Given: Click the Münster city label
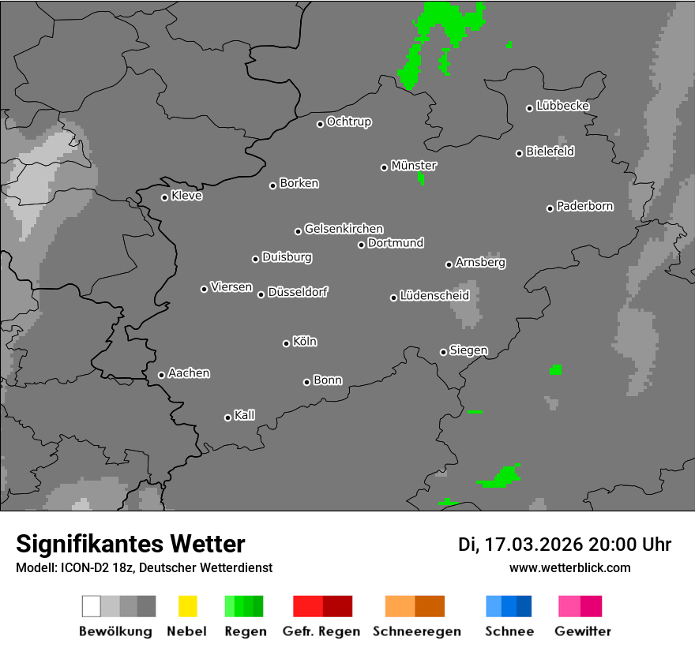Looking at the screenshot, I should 414,166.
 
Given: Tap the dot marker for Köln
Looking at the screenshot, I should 286,343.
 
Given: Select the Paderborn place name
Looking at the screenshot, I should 584,207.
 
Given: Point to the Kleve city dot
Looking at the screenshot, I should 164,197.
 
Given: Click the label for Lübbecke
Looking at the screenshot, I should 562,106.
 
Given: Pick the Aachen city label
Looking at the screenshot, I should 189,373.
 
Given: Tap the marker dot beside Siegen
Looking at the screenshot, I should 443,352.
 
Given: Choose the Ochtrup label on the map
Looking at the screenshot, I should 349,122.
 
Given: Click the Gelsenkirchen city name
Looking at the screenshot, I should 344,229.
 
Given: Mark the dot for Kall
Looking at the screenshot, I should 227,417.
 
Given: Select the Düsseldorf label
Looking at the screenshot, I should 298,292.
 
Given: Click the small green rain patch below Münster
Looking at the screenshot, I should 421,178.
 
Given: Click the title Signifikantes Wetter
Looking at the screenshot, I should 130,544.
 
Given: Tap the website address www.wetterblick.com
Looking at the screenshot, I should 569,567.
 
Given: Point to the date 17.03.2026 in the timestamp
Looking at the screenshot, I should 534,545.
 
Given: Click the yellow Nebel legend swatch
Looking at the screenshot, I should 187,606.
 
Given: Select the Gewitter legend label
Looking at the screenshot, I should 583,631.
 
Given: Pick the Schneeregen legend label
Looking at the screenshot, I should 417,631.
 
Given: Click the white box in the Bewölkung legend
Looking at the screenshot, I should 91,606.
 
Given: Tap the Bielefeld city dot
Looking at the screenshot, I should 520,153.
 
